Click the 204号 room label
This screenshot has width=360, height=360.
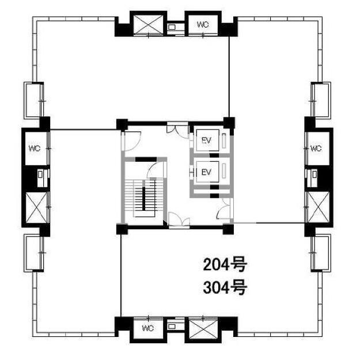click(225, 264)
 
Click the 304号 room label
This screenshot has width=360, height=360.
click(225, 287)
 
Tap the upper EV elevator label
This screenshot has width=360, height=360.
click(206, 141)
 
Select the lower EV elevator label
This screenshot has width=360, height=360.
click(206, 172)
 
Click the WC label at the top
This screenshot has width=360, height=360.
click(203, 25)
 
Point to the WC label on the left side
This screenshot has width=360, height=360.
click(35, 148)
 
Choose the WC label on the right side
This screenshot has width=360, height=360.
click(316, 148)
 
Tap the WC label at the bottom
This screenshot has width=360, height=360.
click(147, 328)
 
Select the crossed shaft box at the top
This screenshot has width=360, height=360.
click(148, 25)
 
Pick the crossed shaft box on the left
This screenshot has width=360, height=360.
click(36, 207)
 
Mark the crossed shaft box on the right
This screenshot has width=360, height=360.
click(318, 207)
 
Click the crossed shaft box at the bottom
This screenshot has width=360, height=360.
click(203, 328)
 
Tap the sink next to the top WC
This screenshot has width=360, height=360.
click(172, 27)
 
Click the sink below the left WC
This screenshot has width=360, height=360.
click(40, 175)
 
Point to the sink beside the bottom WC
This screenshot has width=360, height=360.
click(172, 326)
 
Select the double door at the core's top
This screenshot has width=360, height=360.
click(177, 131)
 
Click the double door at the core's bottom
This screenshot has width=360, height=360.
click(179, 220)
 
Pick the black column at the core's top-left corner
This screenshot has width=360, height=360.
click(122, 125)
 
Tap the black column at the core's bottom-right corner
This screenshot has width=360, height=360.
click(228, 229)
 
